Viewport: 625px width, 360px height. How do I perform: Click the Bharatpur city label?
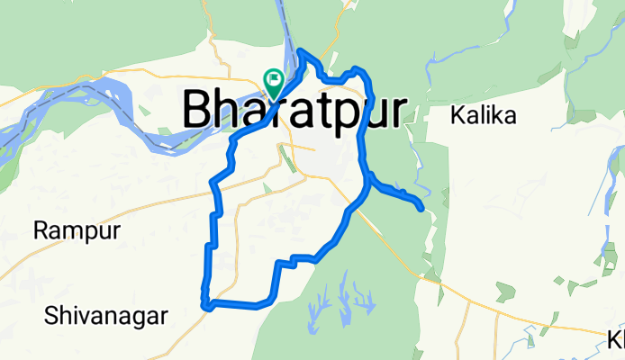294,110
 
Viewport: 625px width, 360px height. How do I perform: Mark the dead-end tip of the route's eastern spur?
421,209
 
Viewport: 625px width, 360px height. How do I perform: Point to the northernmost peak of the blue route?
301,51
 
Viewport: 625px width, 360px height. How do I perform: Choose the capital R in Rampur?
41,230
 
